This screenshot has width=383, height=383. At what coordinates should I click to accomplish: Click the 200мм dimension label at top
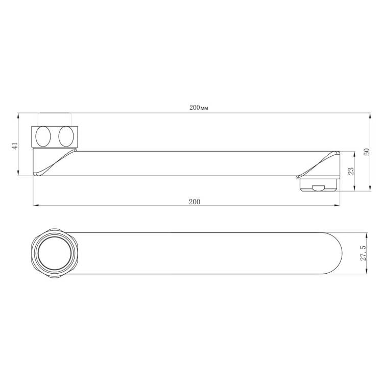(x=199, y=107)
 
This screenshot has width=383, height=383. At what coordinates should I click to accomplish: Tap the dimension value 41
(x=15, y=146)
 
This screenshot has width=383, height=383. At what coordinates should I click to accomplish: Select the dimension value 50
(x=367, y=152)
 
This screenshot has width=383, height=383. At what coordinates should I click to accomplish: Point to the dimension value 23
(x=350, y=171)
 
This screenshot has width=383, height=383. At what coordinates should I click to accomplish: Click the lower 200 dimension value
(x=195, y=202)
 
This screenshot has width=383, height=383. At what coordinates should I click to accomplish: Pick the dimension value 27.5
(x=363, y=253)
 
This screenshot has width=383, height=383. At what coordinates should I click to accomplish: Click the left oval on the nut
(x=43, y=136)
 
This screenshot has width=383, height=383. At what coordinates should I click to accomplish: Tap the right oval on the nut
(x=66, y=136)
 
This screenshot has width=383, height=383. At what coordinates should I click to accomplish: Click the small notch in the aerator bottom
(x=318, y=188)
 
